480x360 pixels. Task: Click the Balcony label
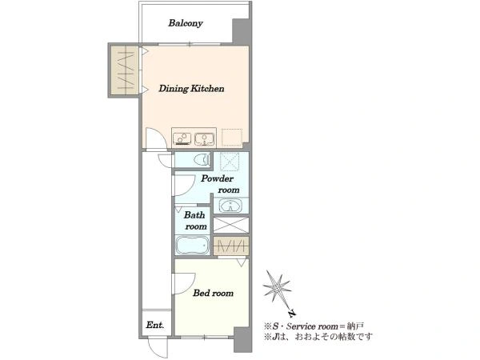(186, 23)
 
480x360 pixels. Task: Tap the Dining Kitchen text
(191, 89)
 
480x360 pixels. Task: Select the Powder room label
(219, 184)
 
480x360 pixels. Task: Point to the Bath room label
(195, 221)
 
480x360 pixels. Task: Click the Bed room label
(213, 293)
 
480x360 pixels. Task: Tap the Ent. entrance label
(155, 325)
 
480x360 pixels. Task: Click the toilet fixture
(202, 159)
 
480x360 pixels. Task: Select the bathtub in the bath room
(193, 245)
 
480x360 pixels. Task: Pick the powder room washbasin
(231, 206)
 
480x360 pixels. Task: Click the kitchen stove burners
(182, 138)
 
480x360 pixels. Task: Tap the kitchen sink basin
(204, 138)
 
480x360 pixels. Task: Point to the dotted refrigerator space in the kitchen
(232, 137)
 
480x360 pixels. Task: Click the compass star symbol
(277, 287)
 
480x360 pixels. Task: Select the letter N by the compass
(293, 313)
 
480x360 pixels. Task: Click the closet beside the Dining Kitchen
(124, 70)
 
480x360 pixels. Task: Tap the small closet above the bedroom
(231, 246)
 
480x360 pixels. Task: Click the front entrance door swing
(158, 347)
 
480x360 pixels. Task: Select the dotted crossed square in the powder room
(230, 161)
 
